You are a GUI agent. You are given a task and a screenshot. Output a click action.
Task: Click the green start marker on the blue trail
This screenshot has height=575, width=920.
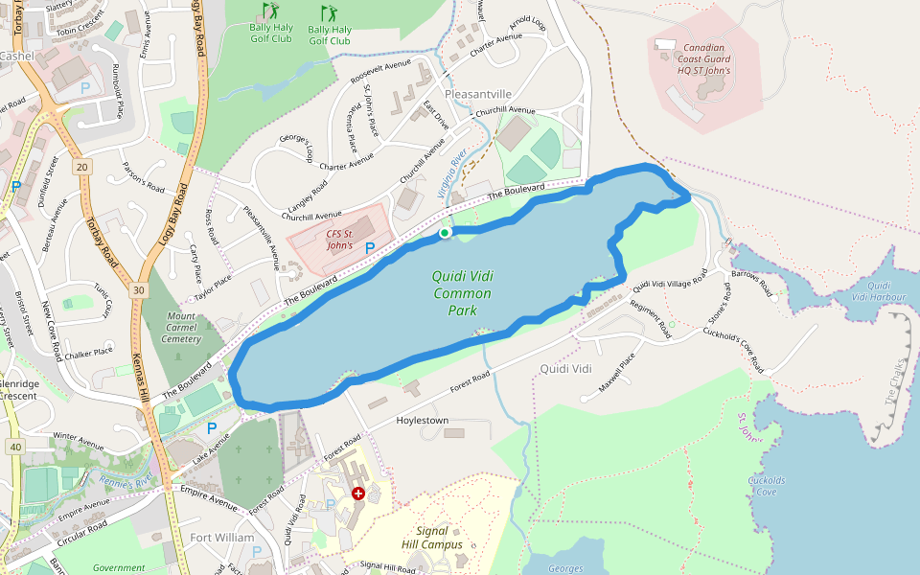tap(445, 233)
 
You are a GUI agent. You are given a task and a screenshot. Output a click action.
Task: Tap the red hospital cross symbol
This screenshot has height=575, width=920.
tap(358, 494)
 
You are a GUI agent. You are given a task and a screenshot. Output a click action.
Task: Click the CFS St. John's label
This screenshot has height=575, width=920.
tap(340, 240)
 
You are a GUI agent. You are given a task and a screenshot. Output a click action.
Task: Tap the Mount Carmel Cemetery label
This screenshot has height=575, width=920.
tap(182, 327)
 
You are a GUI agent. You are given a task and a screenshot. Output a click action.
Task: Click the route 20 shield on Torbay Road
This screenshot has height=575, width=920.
tap(82, 167)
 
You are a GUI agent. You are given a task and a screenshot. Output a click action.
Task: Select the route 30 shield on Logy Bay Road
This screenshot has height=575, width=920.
tap(140, 289)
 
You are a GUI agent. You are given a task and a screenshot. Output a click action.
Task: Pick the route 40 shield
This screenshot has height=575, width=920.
tap(15, 447)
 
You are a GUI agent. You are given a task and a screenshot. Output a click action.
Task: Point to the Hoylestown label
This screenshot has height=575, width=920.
tap(423, 421)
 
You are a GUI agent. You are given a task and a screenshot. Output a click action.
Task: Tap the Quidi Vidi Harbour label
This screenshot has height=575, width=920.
tap(885, 290)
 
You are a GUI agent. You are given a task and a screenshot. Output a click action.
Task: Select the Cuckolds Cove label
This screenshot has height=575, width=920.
tap(767, 486)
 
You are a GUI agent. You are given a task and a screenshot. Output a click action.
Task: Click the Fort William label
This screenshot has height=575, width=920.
tap(222, 538)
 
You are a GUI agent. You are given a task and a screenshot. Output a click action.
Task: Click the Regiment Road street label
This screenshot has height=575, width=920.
tap(651, 317)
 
